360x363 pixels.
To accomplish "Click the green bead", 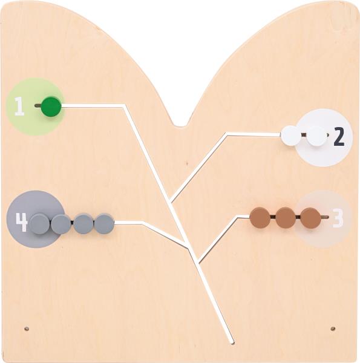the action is pyautogui.click(x=51, y=106).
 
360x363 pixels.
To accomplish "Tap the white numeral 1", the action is pyautogui.click(x=19, y=106).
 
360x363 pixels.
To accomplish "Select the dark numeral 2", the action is pyautogui.click(x=339, y=137).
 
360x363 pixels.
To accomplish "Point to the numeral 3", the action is pyautogui.click(x=338, y=218).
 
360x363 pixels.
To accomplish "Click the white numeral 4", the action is pyautogui.click(x=22, y=222).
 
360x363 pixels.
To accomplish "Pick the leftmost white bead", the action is pyautogui.click(x=291, y=136).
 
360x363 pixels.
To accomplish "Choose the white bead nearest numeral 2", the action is pyautogui.click(x=316, y=136).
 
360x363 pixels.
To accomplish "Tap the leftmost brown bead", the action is pyautogui.click(x=260, y=218).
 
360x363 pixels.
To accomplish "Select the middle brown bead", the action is pyautogui.click(x=286, y=218).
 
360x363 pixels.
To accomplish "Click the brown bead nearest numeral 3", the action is pyautogui.click(x=311, y=218).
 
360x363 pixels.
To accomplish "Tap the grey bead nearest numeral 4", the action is pyautogui.click(x=40, y=224).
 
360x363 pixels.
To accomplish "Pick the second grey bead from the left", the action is pyautogui.click(x=61, y=224).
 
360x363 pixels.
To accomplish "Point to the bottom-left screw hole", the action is pyautogui.click(x=27, y=329).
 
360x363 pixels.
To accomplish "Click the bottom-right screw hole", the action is pyautogui.click(x=333, y=329).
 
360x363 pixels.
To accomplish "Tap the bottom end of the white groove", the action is pyautogui.click(x=232, y=342).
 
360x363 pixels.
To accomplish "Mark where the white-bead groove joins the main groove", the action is pyautogui.click(x=171, y=201).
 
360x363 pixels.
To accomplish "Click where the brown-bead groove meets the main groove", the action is pyautogui.click(x=198, y=261).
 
